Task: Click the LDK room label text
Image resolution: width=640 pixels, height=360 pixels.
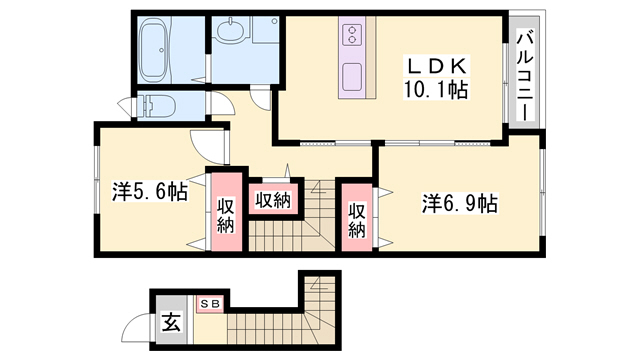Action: tap(436, 66)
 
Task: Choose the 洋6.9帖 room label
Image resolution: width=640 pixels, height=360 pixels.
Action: tap(460, 203)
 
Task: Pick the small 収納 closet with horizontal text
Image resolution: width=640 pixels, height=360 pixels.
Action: tap(271, 199)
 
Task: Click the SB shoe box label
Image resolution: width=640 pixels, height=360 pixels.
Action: tap(211, 302)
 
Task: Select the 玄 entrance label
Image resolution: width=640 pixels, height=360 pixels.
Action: tap(171, 322)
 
